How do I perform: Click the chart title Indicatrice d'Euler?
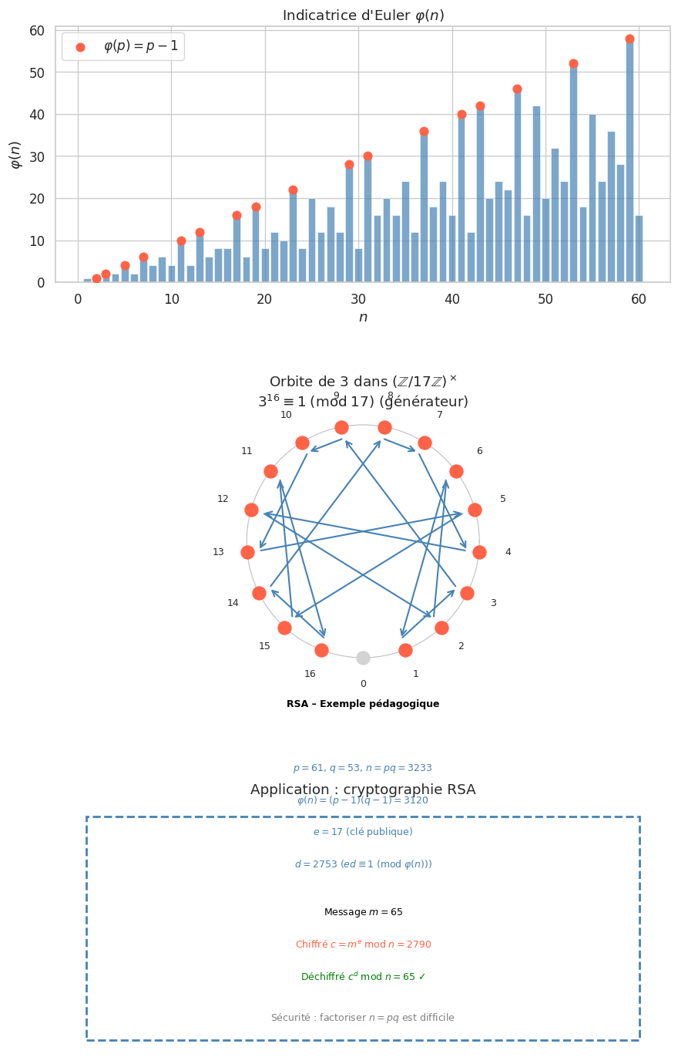(x=363, y=15)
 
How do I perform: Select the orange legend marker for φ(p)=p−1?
(x=80, y=47)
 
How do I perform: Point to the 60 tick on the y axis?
(x=36, y=31)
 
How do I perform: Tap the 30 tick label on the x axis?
(x=358, y=299)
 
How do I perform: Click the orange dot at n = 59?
(x=629, y=39)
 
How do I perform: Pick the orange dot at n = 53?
(x=573, y=64)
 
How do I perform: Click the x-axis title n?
(x=363, y=317)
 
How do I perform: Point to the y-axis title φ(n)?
(x=15, y=155)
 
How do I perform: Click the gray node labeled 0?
(x=363, y=658)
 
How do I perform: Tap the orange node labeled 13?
(x=247, y=552)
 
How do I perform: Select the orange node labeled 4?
(x=479, y=552)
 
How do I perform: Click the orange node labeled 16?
(x=321, y=650)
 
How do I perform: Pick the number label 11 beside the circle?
(x=247, y=451)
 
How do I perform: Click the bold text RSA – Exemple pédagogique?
(x=363, y=704)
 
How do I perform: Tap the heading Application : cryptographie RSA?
(x=363, y=790)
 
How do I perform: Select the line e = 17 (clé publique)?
(x=363, y=832)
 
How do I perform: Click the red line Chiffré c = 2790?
(x=363, y=944)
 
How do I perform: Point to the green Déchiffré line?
(x=363, y=977)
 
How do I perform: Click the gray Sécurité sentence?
(x=363, y=1018)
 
